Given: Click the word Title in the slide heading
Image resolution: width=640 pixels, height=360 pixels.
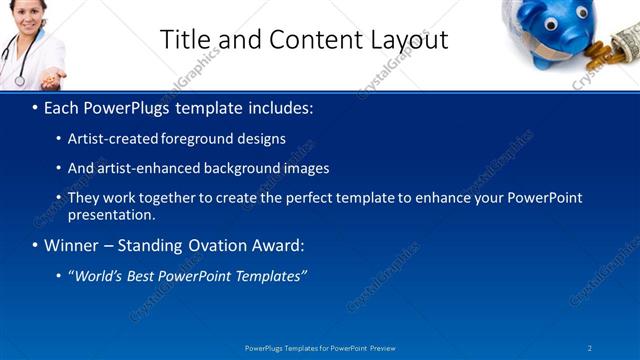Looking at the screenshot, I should (x=185, y=40).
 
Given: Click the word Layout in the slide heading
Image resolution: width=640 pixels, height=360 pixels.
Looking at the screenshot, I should (x=408, y=40).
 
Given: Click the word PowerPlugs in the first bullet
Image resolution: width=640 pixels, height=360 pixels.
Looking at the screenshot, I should (x=124, y=107).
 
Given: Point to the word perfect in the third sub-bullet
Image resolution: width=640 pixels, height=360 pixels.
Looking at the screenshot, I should (x=323, y=197).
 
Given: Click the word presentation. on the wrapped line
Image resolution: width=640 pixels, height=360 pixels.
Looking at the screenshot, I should (x=111, y=214).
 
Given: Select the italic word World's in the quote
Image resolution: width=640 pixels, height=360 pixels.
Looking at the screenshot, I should (x=95, y=276).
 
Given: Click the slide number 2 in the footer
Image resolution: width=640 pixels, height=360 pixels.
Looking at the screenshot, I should (x=589, y=347).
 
